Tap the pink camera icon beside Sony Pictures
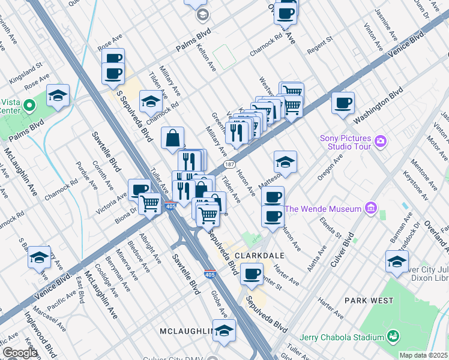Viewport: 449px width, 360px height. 380,142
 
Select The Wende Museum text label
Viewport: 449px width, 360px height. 323,209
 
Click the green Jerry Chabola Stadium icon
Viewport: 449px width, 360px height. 394,335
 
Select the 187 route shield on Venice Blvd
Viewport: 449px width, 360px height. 229,163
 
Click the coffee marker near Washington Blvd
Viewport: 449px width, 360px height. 343,103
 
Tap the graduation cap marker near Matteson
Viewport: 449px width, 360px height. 285,162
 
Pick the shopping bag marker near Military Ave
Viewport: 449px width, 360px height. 173,138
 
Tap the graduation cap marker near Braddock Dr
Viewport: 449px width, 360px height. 397,262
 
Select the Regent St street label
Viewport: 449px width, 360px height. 321,41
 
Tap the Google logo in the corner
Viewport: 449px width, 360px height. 20,353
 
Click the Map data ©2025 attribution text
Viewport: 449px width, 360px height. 423,355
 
